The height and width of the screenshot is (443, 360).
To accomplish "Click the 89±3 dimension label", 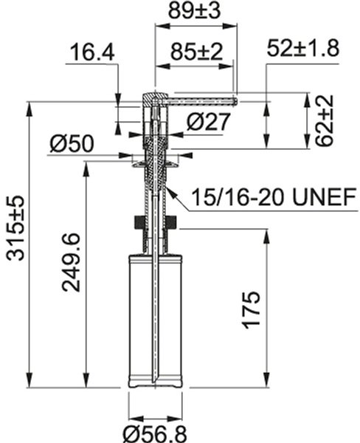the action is pyautogui.click(x=194, y=11).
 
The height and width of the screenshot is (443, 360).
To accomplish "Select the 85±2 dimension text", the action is pyautogui.click(x=196, y=52).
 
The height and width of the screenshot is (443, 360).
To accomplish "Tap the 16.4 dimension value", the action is pyautogui.click(x=92, y=52).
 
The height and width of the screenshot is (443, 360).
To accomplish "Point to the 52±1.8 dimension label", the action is pyautogui.click(x=303, y=48).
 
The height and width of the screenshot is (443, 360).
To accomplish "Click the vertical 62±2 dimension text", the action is pyautogui.click(x=325, y=120).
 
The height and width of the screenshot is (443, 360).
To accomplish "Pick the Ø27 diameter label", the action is pyautogui.click(x=208, y=122).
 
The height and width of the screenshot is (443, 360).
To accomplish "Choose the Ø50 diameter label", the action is pyautogui.click(x=72, y=143).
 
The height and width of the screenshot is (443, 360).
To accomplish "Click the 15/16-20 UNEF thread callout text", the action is pyautogui.click(x=273, y=197).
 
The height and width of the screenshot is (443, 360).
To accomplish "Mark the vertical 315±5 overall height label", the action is pyautogui.click(x=15, y=228).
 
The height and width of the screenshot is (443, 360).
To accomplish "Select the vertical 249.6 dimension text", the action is pyautogui.click(x=71, y=262).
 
